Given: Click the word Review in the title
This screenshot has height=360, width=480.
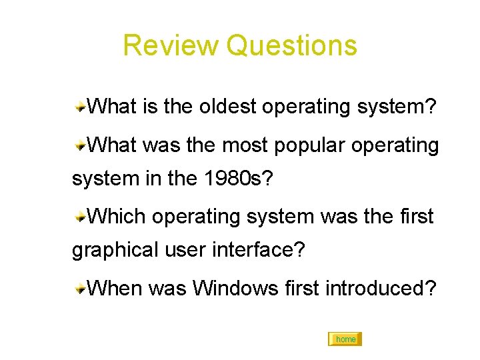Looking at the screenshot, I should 171,45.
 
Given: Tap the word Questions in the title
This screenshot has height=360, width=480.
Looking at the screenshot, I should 291,45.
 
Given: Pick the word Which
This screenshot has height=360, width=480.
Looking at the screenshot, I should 117,216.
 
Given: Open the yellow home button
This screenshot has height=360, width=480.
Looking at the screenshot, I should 345,339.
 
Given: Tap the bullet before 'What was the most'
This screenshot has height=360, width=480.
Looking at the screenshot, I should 79,144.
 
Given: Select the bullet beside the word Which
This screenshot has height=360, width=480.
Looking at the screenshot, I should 79,216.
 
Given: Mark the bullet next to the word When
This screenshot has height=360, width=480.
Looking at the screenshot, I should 79,288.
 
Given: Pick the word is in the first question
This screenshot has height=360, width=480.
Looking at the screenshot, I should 149,107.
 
